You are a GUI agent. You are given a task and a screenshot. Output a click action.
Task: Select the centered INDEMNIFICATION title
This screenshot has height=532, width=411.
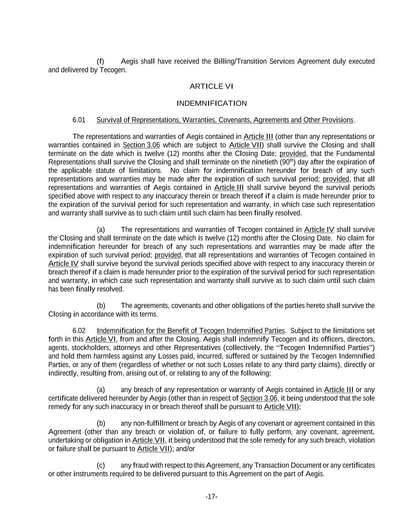pos(211,103)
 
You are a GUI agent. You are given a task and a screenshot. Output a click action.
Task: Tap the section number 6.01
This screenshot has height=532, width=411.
pos(79,120)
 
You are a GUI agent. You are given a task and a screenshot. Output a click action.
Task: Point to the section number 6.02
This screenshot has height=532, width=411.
pos(79,331)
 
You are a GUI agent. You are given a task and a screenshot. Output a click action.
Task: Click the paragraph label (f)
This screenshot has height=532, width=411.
pos(101,62)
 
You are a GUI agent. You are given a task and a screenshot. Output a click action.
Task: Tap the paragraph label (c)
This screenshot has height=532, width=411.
pos(101,465)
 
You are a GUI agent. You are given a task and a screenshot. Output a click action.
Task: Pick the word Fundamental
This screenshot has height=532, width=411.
pos(355,154)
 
